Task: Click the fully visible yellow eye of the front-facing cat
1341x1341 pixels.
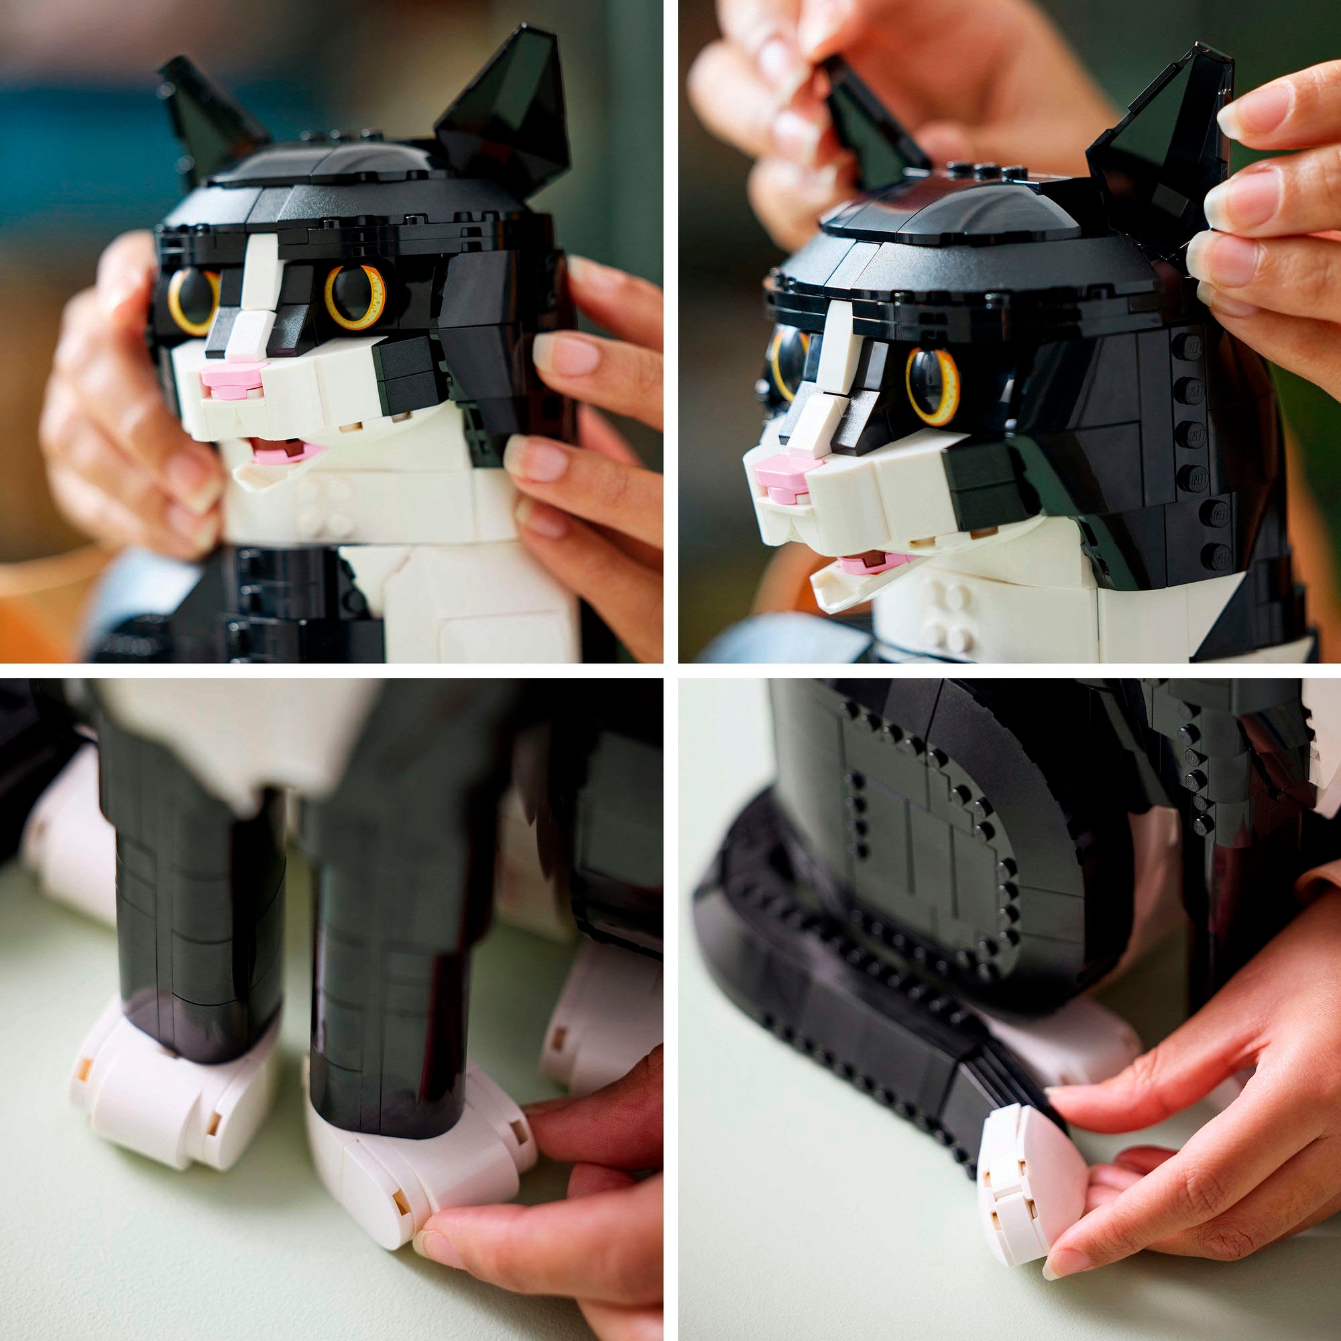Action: coord(355,296)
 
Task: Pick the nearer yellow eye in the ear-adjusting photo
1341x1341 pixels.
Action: coord(932,386)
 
